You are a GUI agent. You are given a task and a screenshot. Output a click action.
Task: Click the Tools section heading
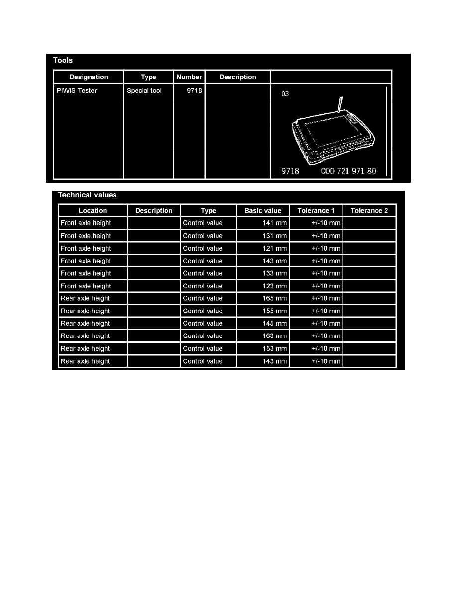click(x=63, y=61)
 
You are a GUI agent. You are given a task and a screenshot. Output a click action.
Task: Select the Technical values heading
click(x=87, y=195)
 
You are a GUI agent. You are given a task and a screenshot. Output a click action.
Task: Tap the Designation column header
click(x=89, y=77)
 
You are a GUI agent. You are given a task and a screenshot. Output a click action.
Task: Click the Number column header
click(x=189, y=77)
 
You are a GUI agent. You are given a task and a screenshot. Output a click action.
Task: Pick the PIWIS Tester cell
click(x=77, y=91)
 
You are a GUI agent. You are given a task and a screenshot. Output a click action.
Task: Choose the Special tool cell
click(x=144, y=91)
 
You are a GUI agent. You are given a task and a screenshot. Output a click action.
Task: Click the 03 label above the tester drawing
click(x=285, y=94)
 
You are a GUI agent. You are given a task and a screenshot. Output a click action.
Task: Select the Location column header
click(x=93, y=211)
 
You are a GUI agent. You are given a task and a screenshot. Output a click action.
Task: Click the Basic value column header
click(x=263, y=211)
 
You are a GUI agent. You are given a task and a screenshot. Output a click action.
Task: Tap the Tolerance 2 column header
click(x=369, y=211)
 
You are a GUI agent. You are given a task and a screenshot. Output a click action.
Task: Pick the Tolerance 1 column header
click(x=316, y=211)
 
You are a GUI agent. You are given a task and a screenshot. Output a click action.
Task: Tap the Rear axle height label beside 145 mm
click(x=85, y=324)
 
